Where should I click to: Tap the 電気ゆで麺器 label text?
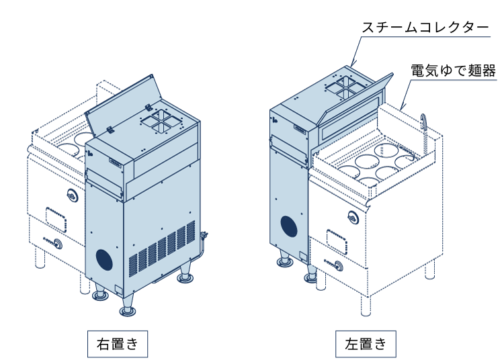pos(453,70)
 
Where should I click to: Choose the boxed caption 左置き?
pos(366,345)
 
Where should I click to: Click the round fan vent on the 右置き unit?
pos(103,259)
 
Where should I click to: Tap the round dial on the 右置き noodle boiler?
pos(72,195)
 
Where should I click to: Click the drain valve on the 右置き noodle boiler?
pos(56,243)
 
